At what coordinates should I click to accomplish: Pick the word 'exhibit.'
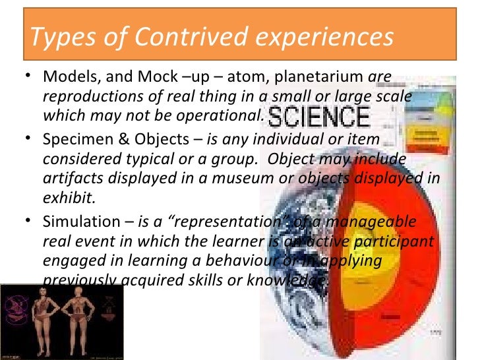tap(65, 196)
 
